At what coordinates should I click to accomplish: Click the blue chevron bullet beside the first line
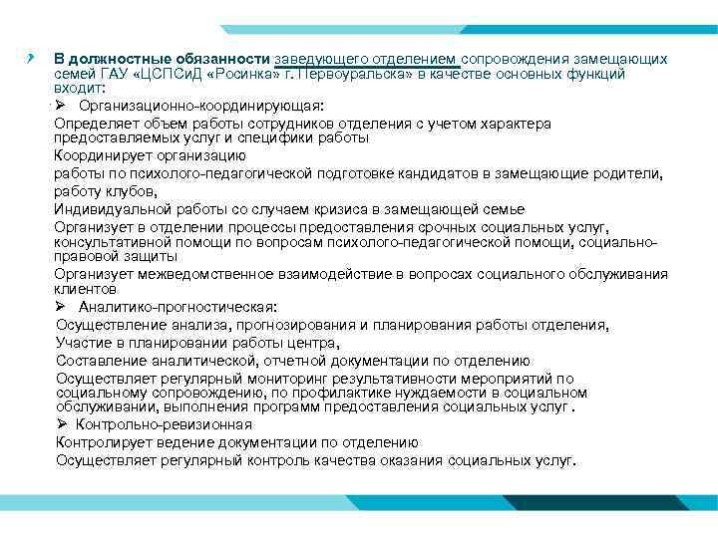(32, 58)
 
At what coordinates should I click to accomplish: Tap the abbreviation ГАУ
(113, 74)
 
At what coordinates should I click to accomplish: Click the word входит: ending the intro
(77, 88)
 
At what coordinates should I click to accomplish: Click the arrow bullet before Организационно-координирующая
(60, 105)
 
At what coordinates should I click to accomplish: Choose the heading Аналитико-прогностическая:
(179, 307)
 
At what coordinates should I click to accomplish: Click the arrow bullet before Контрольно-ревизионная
(62, 424)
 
